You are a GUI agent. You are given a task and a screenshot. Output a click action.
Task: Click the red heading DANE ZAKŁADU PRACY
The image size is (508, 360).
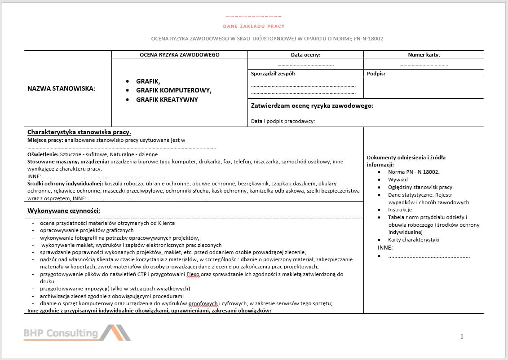pyautogui.click(x=254, y=26)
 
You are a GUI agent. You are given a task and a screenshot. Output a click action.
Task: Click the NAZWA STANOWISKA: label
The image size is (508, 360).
pyautogui.click(x=61, y=88)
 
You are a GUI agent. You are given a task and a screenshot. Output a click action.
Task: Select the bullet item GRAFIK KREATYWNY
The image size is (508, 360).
pyautogui.click(x=167, y=100)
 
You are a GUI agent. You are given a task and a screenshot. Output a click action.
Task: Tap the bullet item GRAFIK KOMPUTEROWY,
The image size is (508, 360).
pyautogui.click(x=173, y=90)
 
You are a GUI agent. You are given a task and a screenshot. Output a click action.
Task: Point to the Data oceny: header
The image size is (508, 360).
pyautogui.click(x=305, y=55)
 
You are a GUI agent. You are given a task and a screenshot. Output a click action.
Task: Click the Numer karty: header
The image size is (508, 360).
pyautogui.click(x=424, y=55)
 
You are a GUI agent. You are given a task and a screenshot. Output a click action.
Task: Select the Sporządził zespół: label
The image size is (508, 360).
pyautogui.click(x=273, y=74)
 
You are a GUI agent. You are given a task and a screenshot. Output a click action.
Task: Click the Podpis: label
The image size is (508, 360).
pyautogui.click(x=376, y=74)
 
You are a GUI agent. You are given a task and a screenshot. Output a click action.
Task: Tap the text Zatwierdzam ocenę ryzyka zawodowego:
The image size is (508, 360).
pyautogui.click(x=312, y=106)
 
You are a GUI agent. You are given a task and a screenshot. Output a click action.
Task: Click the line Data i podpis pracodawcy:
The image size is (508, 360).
pyautogui.click(x=283, y=121)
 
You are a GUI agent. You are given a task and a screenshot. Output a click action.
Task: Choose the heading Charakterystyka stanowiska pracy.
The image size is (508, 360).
pyautogui.click(x=79, y=132)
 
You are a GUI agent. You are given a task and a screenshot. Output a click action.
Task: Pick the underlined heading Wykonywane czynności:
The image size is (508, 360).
pyautogui.click(x=63, y=211)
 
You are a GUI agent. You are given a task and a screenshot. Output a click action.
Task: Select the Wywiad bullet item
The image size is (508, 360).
pyautogui.click(x=398, y=180)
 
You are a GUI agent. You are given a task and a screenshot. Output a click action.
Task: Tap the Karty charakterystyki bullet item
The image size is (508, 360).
pyautogui.click(x=414, y=240)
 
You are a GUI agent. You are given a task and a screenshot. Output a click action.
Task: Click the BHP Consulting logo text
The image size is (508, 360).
pyautogui.click(x=61, y=333)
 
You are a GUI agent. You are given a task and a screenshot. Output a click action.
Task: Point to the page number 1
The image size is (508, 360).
pyautogui.click(x=462, y=337)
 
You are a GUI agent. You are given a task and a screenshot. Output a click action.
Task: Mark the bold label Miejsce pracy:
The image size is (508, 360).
pyautogui.click(x=45, y=140)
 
